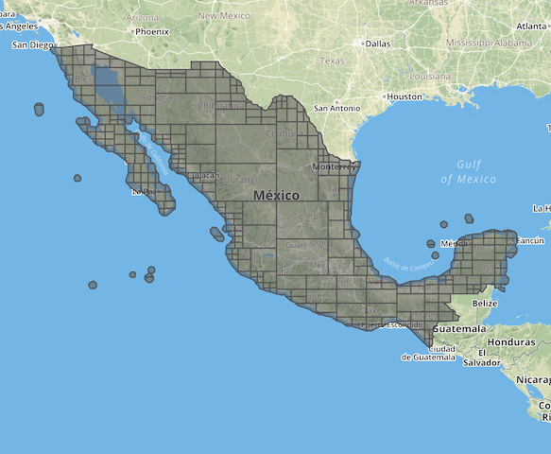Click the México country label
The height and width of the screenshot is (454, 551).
[x=276, y=195]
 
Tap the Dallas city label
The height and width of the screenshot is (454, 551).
[x=377, y=44]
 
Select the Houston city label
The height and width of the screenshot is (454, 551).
[x=404, y=96]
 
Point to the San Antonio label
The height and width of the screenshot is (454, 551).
[x=336, y=108]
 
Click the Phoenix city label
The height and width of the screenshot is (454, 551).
[x=151, y=31]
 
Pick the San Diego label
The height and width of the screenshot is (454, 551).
[x=32, y=44]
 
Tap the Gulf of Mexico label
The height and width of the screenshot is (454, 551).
[x=468, y=171]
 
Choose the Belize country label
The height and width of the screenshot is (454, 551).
[x=484, y=303]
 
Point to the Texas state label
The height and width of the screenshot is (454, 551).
[x=332, y=61]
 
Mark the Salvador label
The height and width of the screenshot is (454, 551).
[x=482, y=362]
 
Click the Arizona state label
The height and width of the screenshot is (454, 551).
[x=141, y=18]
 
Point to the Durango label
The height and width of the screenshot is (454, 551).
[x=242, y=179]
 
